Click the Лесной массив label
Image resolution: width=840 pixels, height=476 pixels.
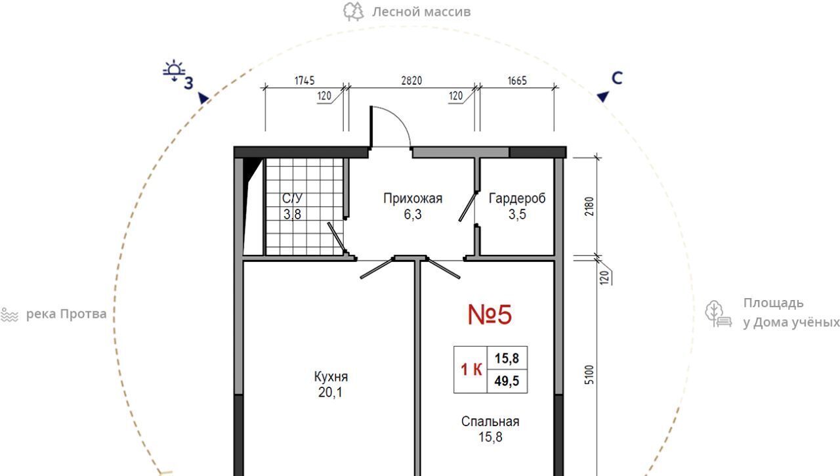tap(421, 12)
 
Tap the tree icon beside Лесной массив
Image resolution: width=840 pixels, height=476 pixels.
tap(353, 12)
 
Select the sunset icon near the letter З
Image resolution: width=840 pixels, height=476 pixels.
tap(174, 70)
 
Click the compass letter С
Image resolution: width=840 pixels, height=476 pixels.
tap(617, 78)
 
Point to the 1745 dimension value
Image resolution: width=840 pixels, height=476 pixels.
tap(304, 81)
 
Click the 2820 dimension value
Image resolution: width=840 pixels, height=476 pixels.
tap(411, 81)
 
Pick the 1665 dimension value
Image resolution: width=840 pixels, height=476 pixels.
tap(517, 81)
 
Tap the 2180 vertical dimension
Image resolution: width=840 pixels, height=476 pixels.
tap(589, 206)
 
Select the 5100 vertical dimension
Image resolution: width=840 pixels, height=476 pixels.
tap(589, 374)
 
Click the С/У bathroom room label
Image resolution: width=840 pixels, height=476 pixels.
tap(292, 198)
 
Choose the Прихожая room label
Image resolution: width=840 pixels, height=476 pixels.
tap(413, 198)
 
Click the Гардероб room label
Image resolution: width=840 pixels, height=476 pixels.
tap(517, 198)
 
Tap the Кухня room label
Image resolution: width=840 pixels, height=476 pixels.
tap(331, 377)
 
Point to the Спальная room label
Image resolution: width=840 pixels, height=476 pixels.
tap(490, 422)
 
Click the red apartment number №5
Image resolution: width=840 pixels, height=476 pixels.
tap(490, 314)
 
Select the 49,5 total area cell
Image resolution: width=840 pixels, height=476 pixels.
tap(507, 381)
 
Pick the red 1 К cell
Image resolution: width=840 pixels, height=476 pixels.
tap(471, 370)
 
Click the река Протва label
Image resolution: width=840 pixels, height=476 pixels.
tap(66, 314)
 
